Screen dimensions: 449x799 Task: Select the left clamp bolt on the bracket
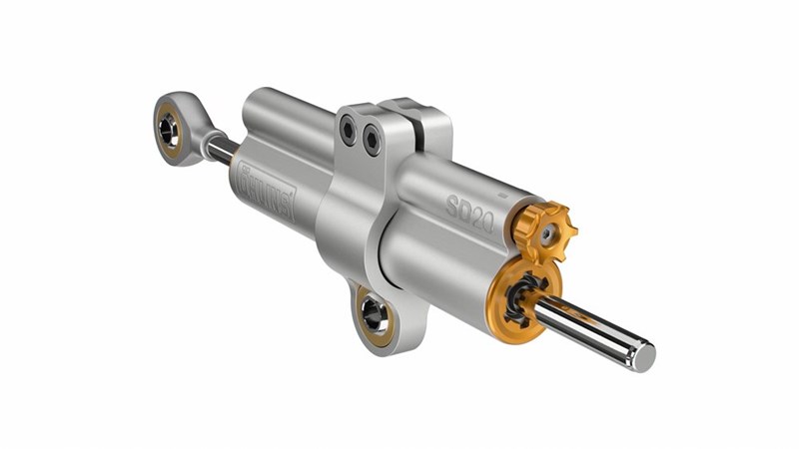tap(348, 129)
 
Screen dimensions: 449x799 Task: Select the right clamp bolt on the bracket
tap(371, 139)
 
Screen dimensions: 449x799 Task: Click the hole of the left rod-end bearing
tap(169, 128)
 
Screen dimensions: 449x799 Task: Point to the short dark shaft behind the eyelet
tap(222, 149)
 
